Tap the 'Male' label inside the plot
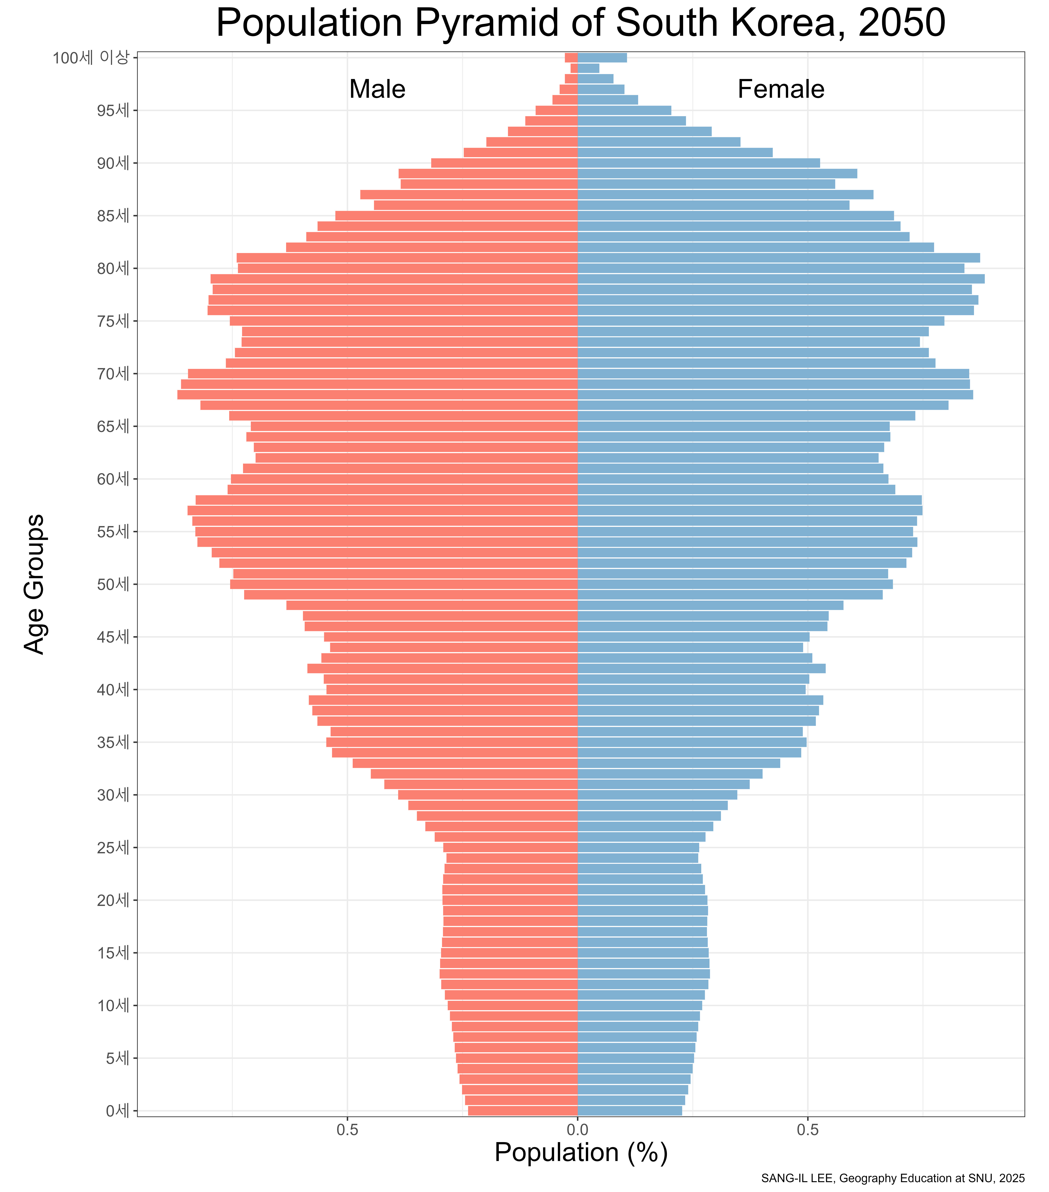click(x=377, y=89)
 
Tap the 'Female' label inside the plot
click(x=781, y=89)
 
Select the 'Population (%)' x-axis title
click(x=581, y=1152)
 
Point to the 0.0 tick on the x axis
click(x=577, y=1130)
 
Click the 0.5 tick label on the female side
click(x=808, y=1130)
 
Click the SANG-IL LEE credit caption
click(x=893, y=1178)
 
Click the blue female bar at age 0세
click(x=630, y=1111)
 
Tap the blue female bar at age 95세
click(x=624, y=110)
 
